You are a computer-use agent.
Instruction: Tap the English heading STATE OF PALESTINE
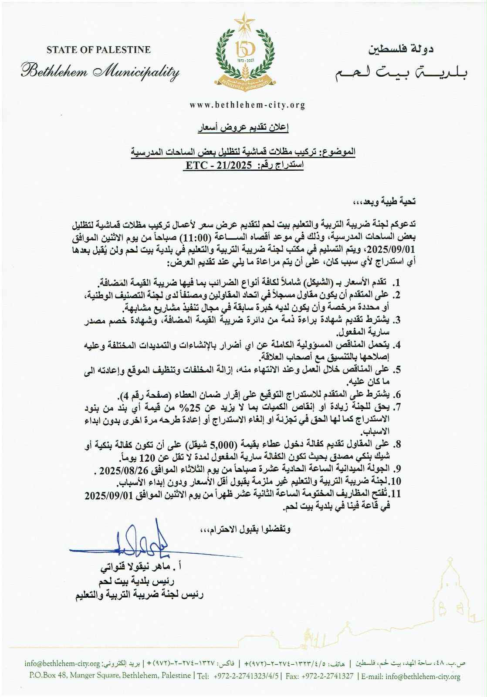coord(98,50)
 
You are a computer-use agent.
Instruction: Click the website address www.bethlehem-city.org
coord(247,105)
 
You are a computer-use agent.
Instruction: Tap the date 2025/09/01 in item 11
coord(108,496)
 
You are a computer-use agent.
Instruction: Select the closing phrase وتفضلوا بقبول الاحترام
coord(244,530)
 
